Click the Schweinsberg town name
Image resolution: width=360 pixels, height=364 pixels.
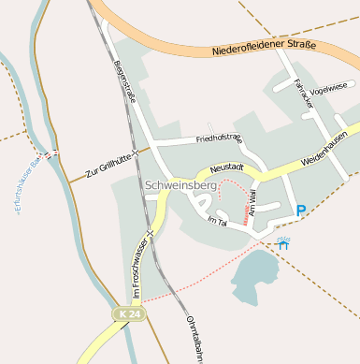[180, 186]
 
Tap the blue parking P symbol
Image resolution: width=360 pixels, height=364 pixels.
[300, 211]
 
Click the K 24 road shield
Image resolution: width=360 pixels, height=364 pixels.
[131, 314]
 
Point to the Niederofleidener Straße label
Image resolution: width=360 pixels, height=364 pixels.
[264, 46]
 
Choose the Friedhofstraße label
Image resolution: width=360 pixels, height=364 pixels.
[219, 139]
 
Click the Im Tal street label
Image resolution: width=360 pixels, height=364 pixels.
[217, 221]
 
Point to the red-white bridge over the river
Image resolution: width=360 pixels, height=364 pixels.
[49, 153]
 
